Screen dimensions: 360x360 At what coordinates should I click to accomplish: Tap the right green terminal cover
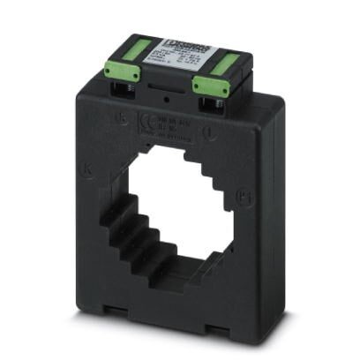(x=212, y=81)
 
